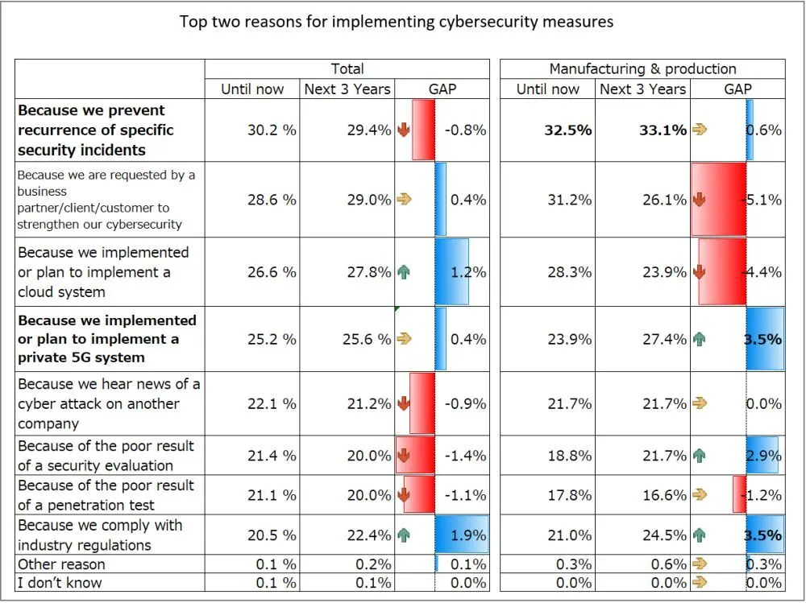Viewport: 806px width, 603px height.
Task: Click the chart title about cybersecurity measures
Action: point(396,22)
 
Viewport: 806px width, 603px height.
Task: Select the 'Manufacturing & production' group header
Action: point(642,69)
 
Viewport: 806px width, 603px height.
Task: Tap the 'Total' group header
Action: point(347,69)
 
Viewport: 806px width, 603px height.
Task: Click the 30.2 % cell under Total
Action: point(272,130)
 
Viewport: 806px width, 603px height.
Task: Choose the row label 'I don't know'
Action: point(60,583)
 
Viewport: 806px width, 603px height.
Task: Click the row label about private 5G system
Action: point(107,339)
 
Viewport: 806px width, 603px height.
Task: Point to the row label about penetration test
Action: point(106,495)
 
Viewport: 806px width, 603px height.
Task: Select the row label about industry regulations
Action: point(100,535)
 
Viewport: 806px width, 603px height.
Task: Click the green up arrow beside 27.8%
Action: point(404,272)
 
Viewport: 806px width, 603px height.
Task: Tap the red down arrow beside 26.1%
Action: point(699,200)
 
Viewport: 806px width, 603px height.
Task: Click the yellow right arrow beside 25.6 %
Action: point(404,339)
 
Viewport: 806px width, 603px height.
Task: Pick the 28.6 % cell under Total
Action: point(272,200)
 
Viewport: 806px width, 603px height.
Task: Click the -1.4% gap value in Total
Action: point(466,456)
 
